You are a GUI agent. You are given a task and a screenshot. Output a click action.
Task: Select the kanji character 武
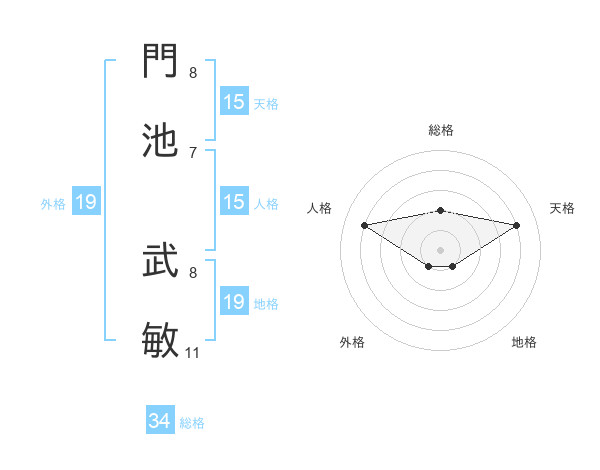pos(161,261)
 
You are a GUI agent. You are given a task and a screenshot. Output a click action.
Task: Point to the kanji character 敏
pos(161,341)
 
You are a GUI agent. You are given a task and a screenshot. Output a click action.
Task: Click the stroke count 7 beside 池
pos(193,152)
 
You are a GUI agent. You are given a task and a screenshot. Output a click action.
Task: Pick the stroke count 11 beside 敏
pos(193,353)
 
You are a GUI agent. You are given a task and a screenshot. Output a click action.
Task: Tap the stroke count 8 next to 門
pos(193,73)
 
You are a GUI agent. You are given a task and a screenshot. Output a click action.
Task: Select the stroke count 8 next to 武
pos(193,272)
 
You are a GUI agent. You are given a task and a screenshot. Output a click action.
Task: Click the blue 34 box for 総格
pos(160,422)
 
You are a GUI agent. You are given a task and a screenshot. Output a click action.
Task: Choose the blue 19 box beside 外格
pos(86,203)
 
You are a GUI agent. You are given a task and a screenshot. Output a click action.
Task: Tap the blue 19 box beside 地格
pos(233,302)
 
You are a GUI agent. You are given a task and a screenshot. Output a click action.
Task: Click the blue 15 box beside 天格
pos(233,102)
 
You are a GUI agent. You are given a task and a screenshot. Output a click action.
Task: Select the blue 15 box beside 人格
pos(233,203)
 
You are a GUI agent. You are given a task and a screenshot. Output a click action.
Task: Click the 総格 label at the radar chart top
pos(440,131)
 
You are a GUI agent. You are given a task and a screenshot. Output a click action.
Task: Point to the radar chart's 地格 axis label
pos(524,343)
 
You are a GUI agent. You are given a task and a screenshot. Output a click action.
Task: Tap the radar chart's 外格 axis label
pos(352,343)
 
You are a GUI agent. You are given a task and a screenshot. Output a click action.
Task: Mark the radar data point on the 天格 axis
pos(517,225)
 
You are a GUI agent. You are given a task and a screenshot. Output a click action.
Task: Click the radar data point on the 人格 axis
pos(364,225)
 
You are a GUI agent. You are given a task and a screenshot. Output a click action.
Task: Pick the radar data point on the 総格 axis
pos(440,210)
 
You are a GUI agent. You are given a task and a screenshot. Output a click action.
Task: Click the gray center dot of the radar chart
pos(440,249)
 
